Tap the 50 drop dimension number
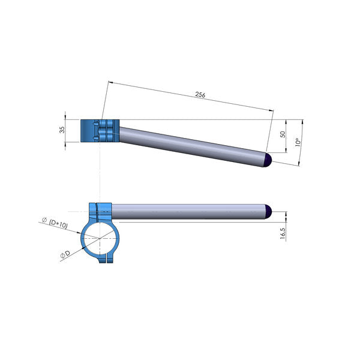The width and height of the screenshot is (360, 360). click(x=283, y=134)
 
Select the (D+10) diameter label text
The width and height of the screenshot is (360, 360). click(x=58, y=226)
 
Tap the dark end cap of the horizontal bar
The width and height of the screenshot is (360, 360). click(x=269, y=211)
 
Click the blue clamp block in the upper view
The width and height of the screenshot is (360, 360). click(x=100, y=131)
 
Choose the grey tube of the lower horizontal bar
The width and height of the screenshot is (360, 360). click(x=189, y=211)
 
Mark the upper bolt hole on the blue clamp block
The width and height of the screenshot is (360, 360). click(x=96, y=124)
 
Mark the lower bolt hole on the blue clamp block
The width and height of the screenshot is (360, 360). click(x=96, y=139)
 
